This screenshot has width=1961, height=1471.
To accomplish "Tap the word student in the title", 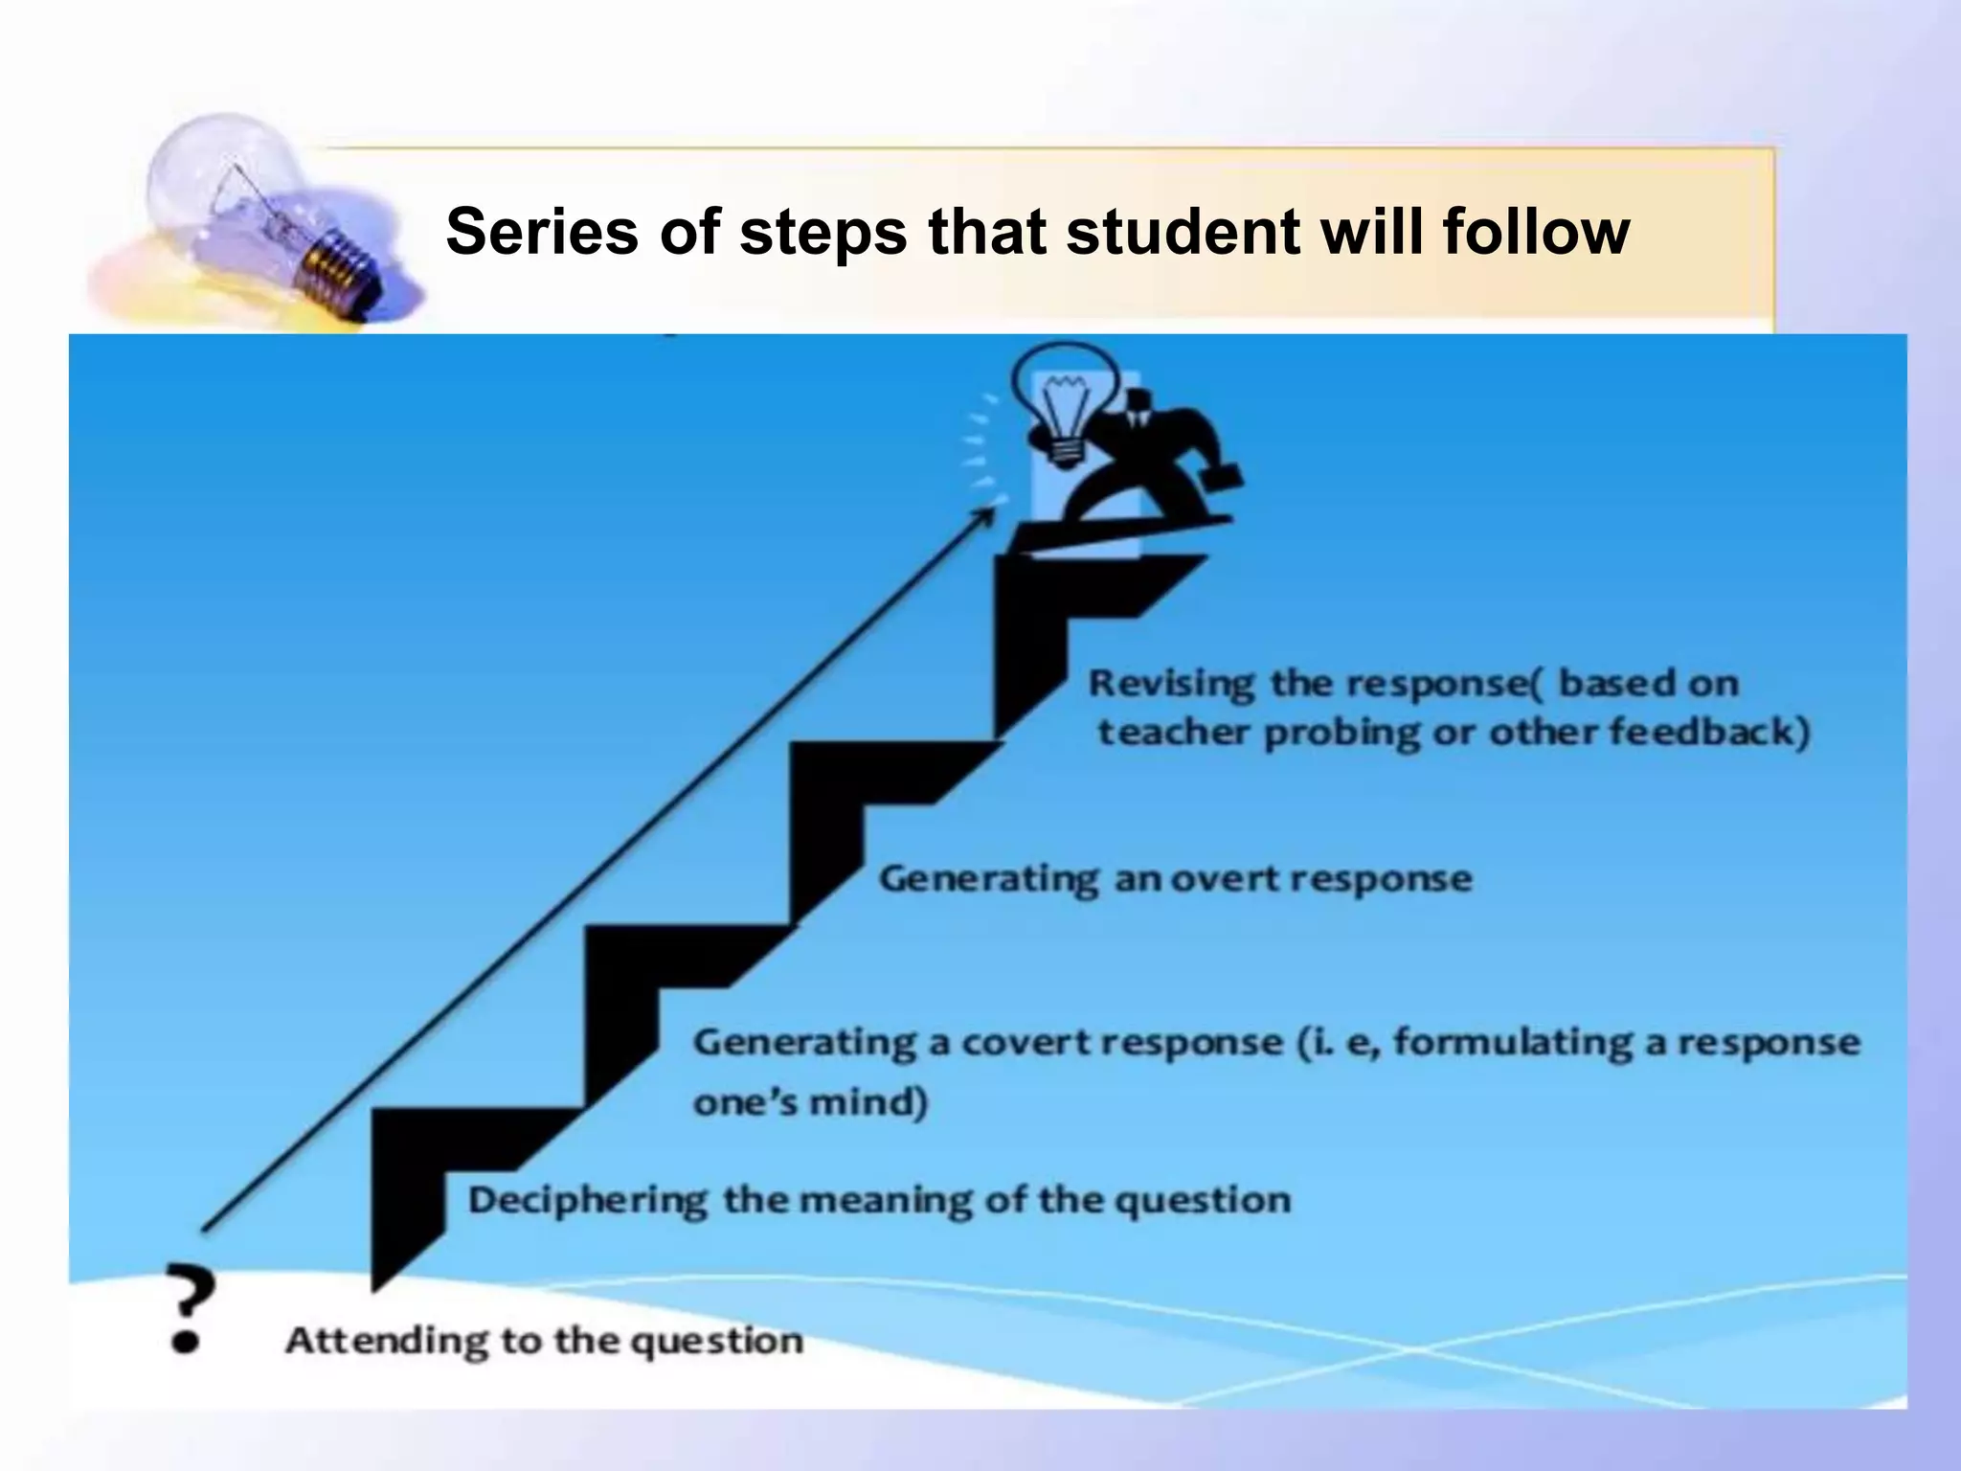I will tap(1183, 233).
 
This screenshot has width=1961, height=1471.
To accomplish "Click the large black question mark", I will tap(189, 1305).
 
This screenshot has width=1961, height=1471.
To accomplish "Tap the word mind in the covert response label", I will tap(867, 1103).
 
